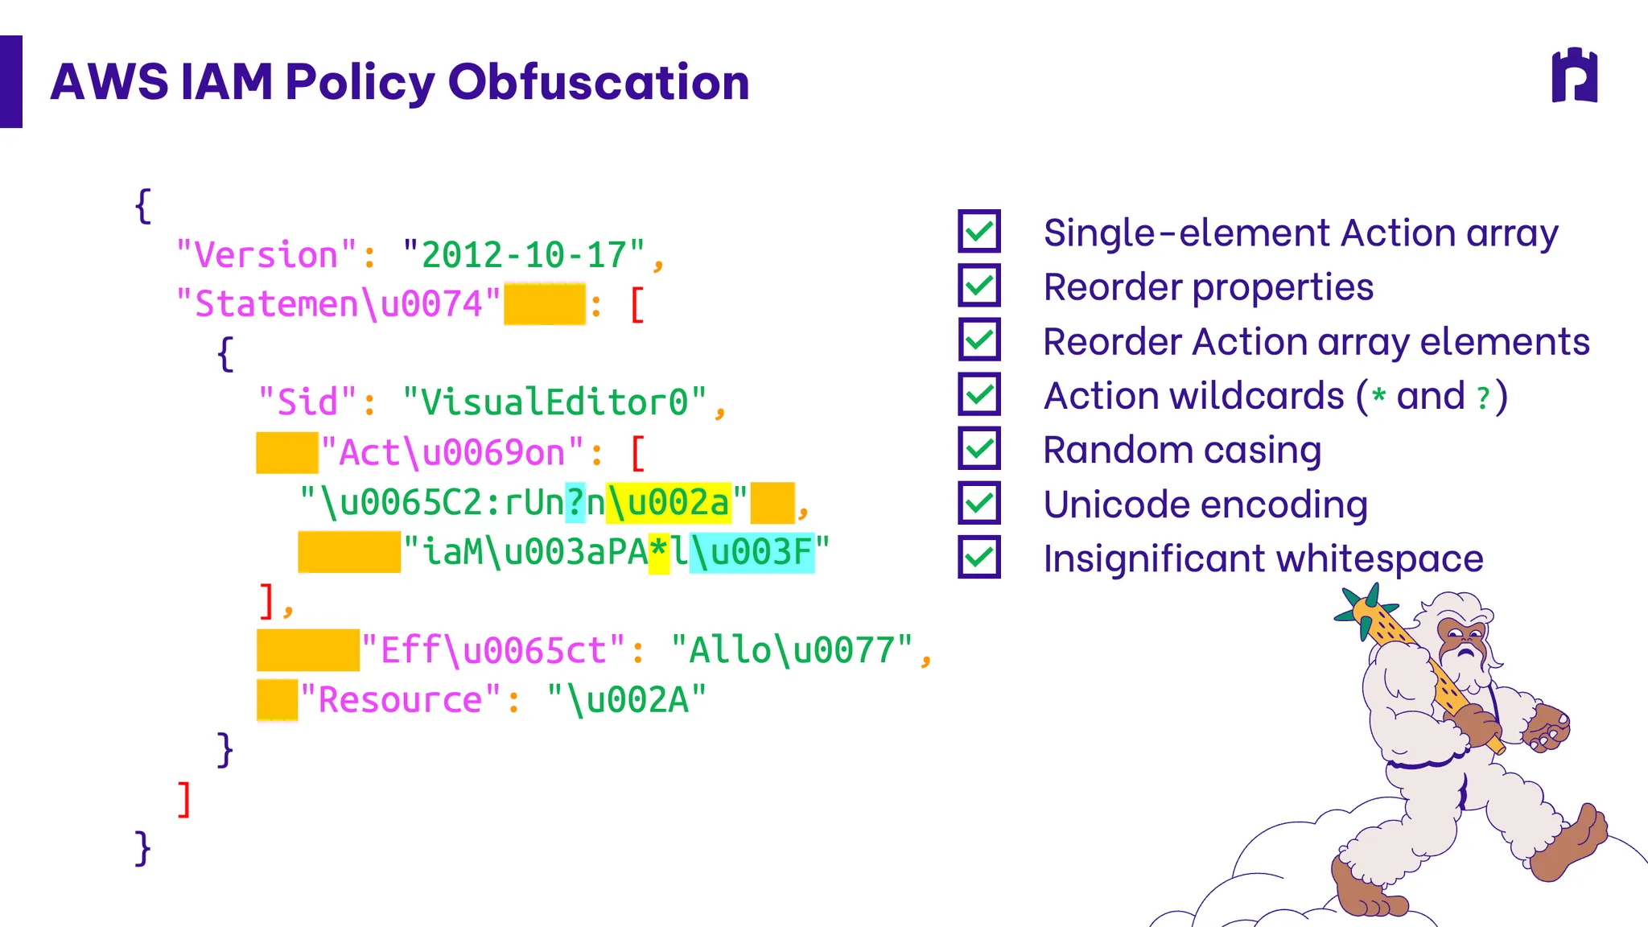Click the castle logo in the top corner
point(1575,76)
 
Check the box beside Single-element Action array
point(979,231)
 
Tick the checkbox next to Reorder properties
point(979,285)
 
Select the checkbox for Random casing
point(979,448)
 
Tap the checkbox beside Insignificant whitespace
point(979,557)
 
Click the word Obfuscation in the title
point(599,82)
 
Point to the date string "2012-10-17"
point(524,255)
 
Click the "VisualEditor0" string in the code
point(554,402)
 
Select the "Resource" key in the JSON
point(401,699)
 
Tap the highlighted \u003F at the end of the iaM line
point(752,552)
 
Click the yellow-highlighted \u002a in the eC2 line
point(669,502)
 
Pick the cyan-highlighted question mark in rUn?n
point(575,502)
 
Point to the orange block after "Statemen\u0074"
point(545,303)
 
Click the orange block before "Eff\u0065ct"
point(308,650)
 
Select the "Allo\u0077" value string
point(793,649)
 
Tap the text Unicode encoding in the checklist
point(1205,505)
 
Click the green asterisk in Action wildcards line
point(1379,395)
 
